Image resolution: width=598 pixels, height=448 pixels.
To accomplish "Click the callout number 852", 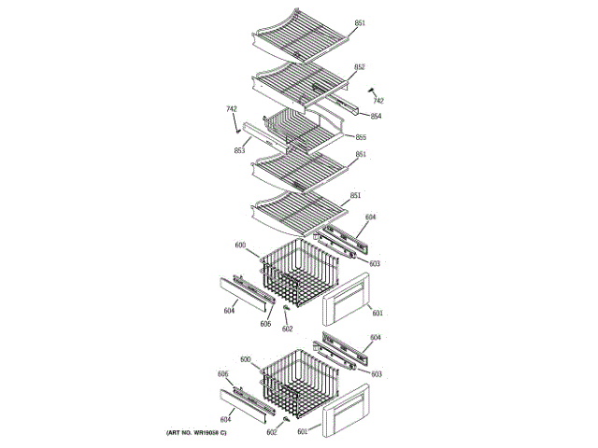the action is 359,67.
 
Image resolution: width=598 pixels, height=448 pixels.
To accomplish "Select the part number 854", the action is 376,116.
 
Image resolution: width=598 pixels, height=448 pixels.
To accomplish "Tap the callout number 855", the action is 361,137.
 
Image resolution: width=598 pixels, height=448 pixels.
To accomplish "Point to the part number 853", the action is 239,150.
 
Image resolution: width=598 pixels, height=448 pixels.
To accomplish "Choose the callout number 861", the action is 361,155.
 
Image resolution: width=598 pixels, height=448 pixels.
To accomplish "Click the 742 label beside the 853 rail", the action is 231,110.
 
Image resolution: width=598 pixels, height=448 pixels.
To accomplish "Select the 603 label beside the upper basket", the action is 375,264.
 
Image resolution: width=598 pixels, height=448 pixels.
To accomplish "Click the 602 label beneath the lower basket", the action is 272,432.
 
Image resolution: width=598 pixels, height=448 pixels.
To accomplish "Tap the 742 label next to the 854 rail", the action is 379,100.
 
